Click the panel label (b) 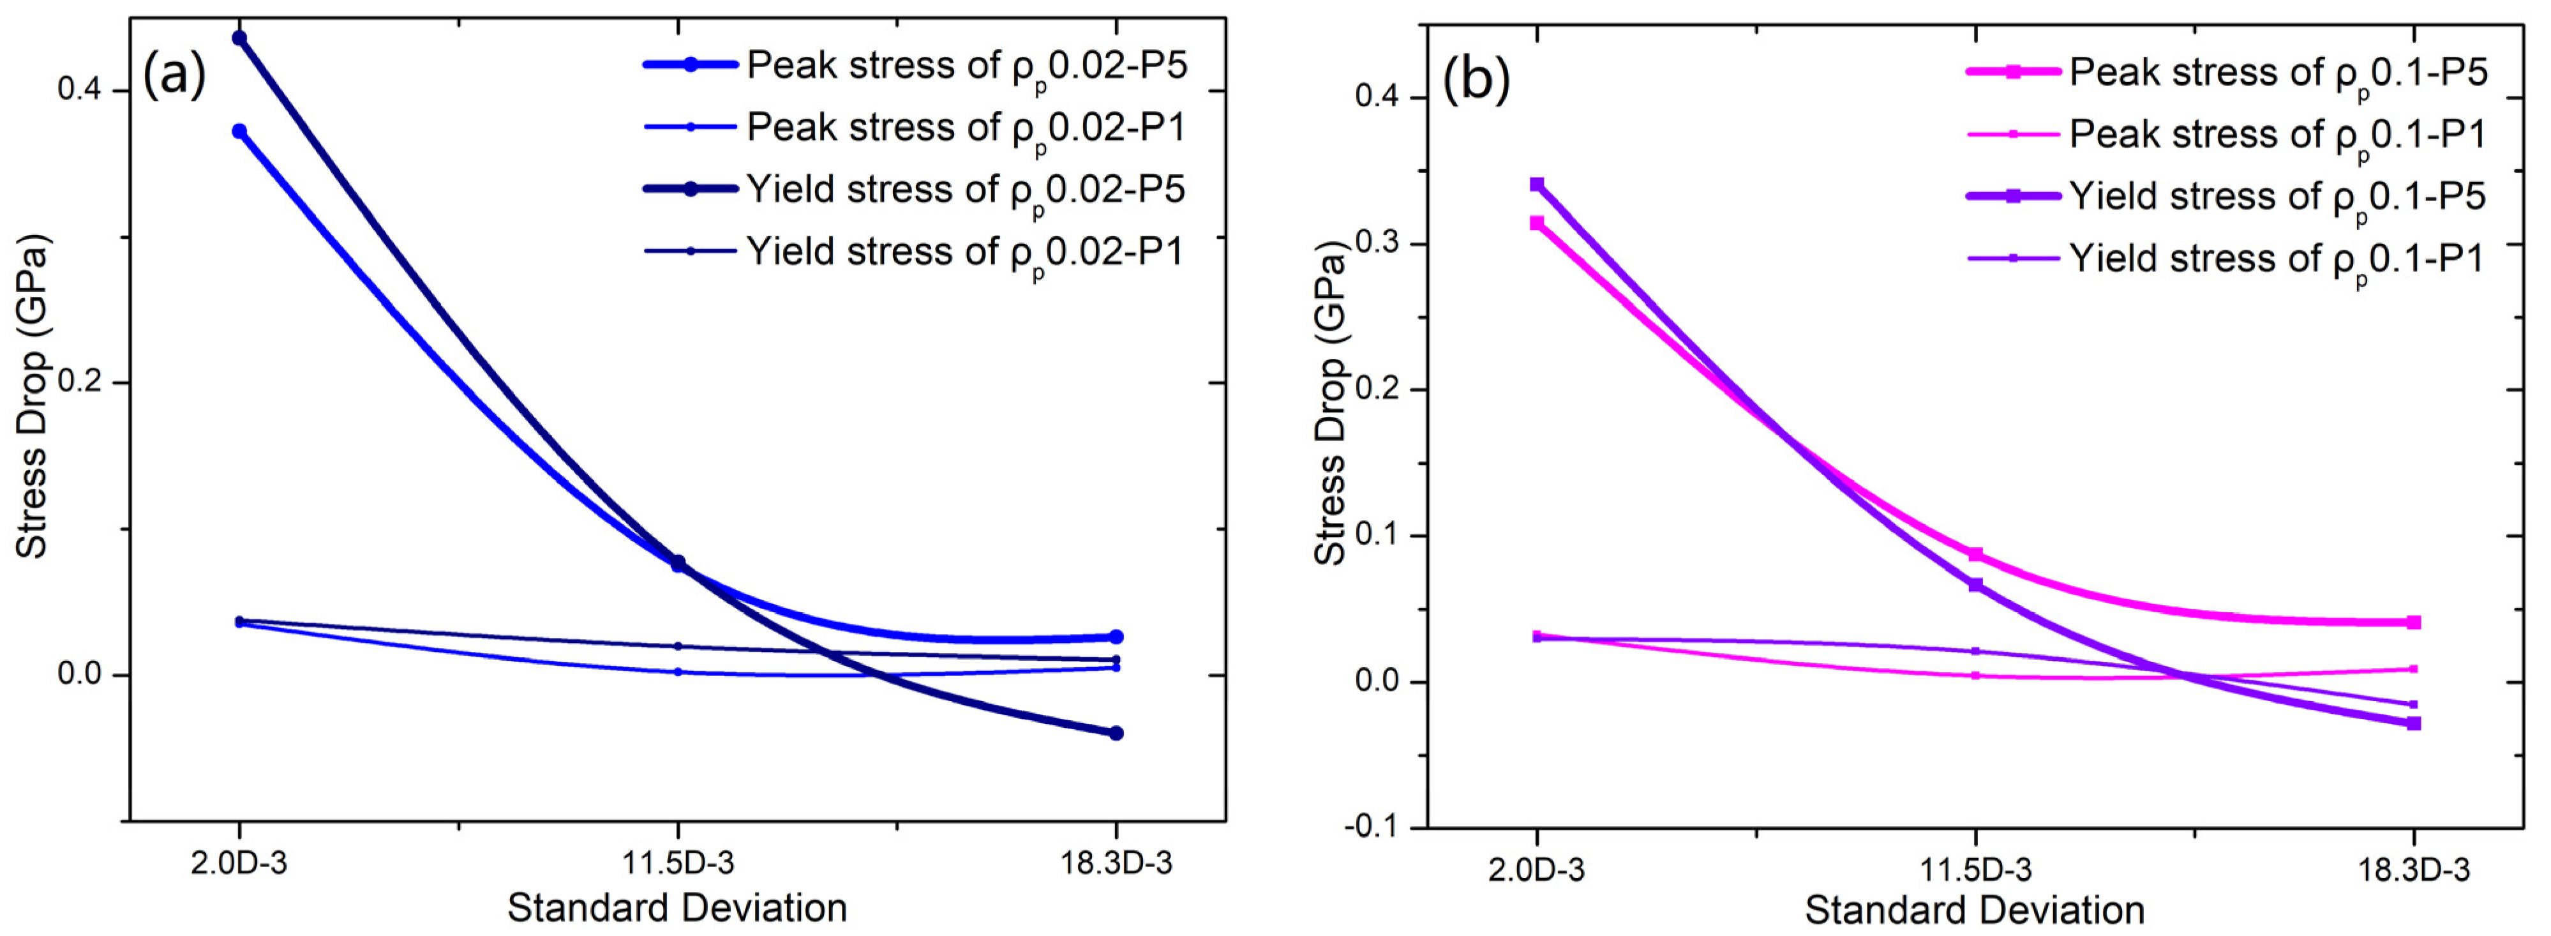tap(1476, 79)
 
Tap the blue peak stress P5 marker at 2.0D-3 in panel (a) tap(239, 131)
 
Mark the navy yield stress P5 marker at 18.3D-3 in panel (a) tap(1116, 733)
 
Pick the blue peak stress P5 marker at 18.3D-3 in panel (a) tap(1116, 637)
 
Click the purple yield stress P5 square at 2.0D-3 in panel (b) tap(1537, 185)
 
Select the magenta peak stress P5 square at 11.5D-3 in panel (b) tap(1976, 555)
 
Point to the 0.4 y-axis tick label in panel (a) tap(79, 90)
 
